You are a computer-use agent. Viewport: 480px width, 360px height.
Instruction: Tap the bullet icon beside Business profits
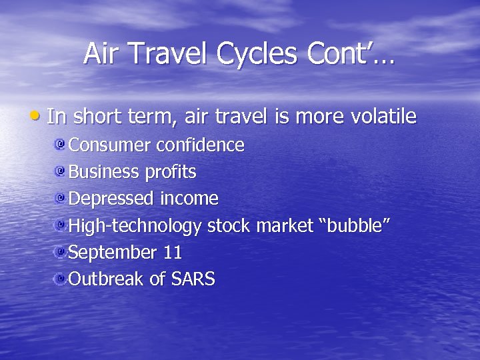click(61, 171)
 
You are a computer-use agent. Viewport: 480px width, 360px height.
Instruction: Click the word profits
click(170, 173)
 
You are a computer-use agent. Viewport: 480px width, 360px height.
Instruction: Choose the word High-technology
click(135, 227)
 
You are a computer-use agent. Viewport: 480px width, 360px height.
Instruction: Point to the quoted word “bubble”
click(355, 225)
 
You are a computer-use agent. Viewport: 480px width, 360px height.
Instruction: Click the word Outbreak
click(106, 279)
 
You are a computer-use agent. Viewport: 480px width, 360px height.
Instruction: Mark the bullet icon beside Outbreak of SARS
click(61, 279)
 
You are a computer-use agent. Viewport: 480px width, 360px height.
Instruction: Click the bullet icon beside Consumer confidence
click(61, 145)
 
